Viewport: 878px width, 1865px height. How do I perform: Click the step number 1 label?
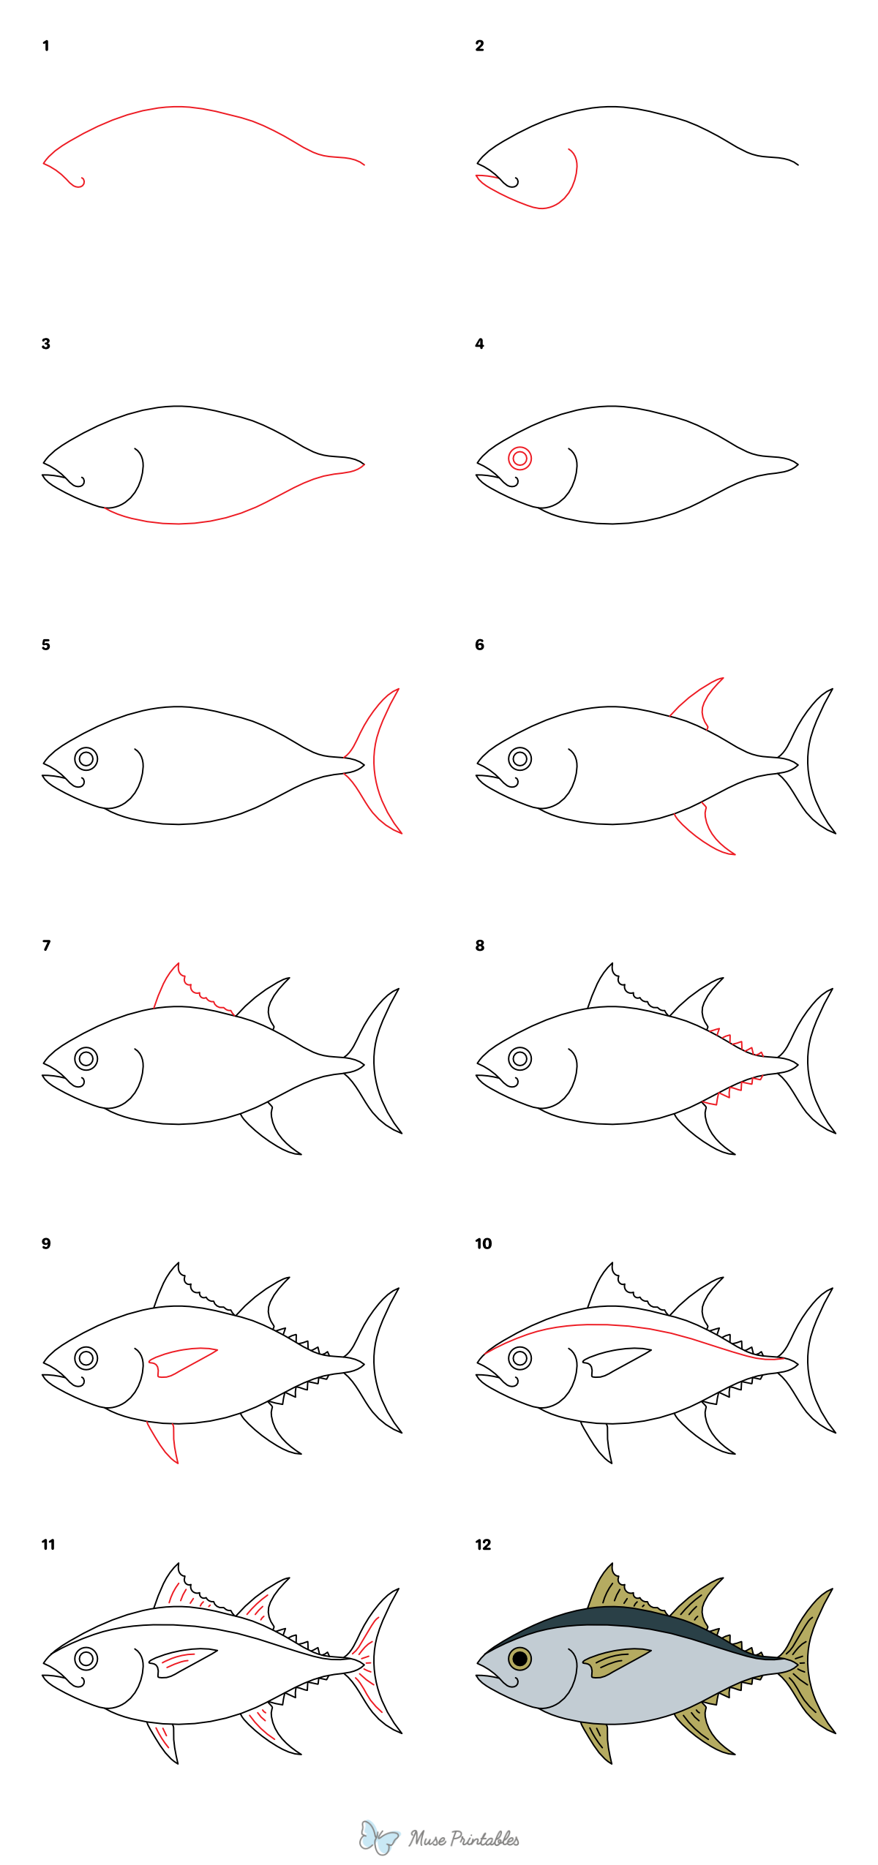[45, 46]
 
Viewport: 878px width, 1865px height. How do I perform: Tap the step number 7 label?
[46, 946]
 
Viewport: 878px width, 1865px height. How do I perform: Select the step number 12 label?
[483, 1545]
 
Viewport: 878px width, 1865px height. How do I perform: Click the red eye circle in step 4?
[519, 459]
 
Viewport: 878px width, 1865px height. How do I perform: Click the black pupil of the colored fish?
[519, 1658]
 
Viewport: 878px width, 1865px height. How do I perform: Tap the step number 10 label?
[483, 1244]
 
